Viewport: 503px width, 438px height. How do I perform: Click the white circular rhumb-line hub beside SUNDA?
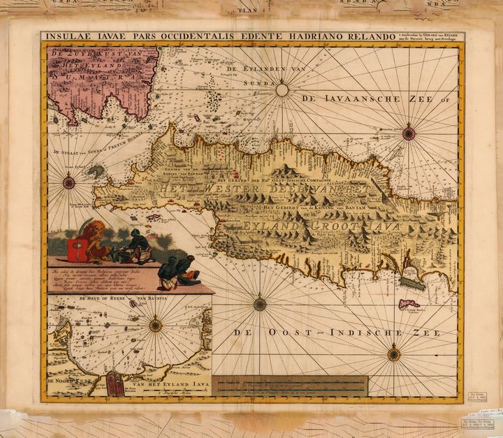[282, 89]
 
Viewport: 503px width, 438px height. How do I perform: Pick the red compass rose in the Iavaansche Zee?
[409, 133]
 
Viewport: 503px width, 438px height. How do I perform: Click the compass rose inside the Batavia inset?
[155, 326]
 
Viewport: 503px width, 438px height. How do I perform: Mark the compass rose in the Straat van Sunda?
[68, 183]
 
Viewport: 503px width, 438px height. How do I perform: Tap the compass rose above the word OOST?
[260, 304]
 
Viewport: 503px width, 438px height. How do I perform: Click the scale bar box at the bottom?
[290, 386]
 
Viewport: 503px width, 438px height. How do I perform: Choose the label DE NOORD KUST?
[66, 382]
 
